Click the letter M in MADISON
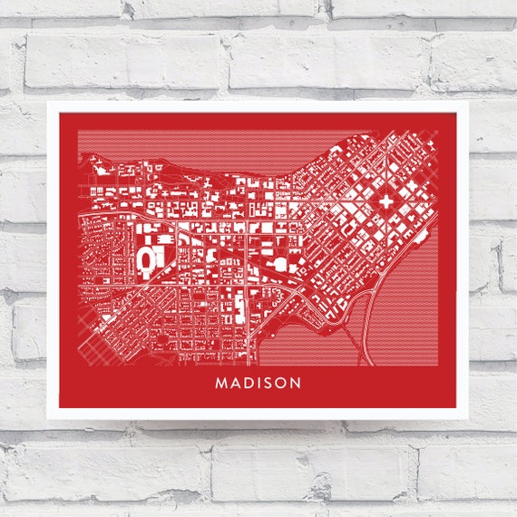(x=221, y=383)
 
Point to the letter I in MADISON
(x=259, y=383)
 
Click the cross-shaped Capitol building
(x=385, y=199)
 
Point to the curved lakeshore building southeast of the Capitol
(x=418, y=238)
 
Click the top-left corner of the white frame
(x=49, y=102)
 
